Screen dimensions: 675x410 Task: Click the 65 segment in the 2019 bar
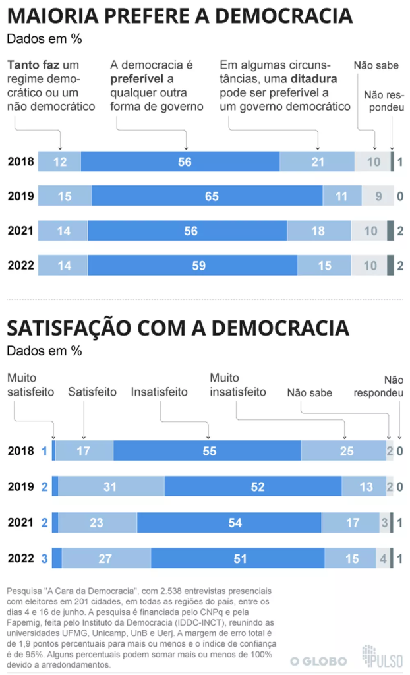pyautogui.click(x=207, y=196)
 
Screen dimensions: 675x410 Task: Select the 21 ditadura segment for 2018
pyautogui.click(x=317, y=161)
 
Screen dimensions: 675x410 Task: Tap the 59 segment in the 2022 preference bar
pyautogui.click(x=192, y=266)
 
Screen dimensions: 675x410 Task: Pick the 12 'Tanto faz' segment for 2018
pyautogui.click(x=59, y=161)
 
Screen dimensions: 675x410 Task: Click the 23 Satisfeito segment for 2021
pyautogui.click(x=98, y=523)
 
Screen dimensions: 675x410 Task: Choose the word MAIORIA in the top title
pyautogui.click(x=53, y=16)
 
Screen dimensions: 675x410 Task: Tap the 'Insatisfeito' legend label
pyautogui.click(x=159, y=392)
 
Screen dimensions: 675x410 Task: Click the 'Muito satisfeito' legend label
pyautogui.click(x=30, y=384)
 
